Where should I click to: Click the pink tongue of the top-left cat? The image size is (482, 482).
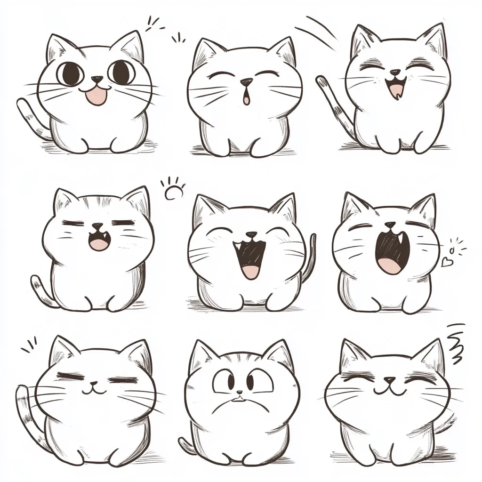tap(96, 96)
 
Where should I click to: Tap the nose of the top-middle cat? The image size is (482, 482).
tap(246, 82)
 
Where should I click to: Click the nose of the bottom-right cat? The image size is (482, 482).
tap(390, 379)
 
